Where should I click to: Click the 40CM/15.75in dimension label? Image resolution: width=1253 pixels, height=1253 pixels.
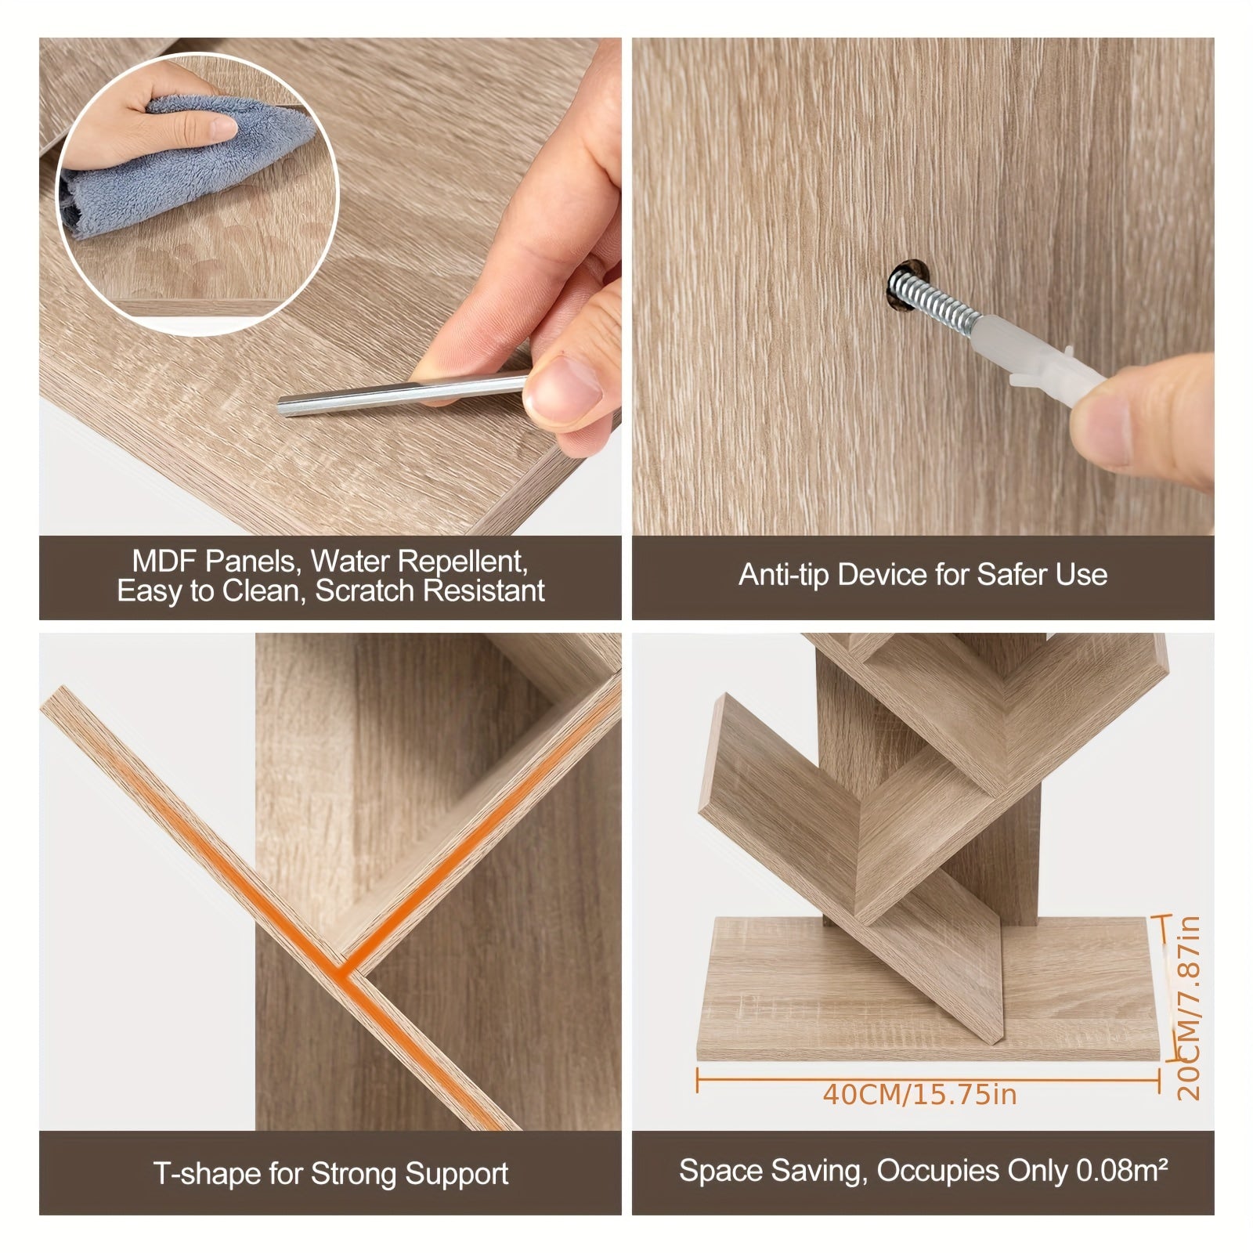coord(920,1094)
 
